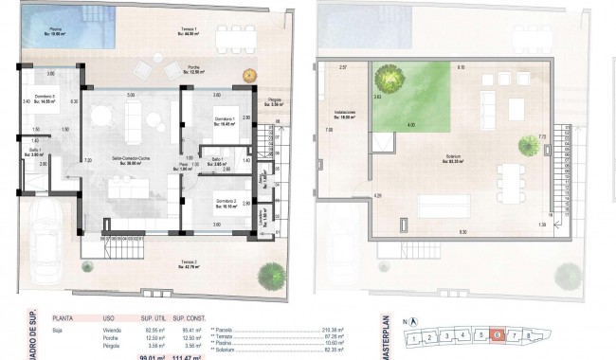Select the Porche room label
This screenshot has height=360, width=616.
pyautogui.click(x=193, y=70)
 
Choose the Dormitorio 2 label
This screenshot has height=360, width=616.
pyautogui.click(x=225, y=203)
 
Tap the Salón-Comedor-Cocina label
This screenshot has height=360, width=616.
pyautogui.click(x=130, y=159)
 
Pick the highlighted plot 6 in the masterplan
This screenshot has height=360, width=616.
pyautogui.click(x=497, y=334)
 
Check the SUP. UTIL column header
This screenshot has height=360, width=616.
pyautogui.click(x=154, y=320)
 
